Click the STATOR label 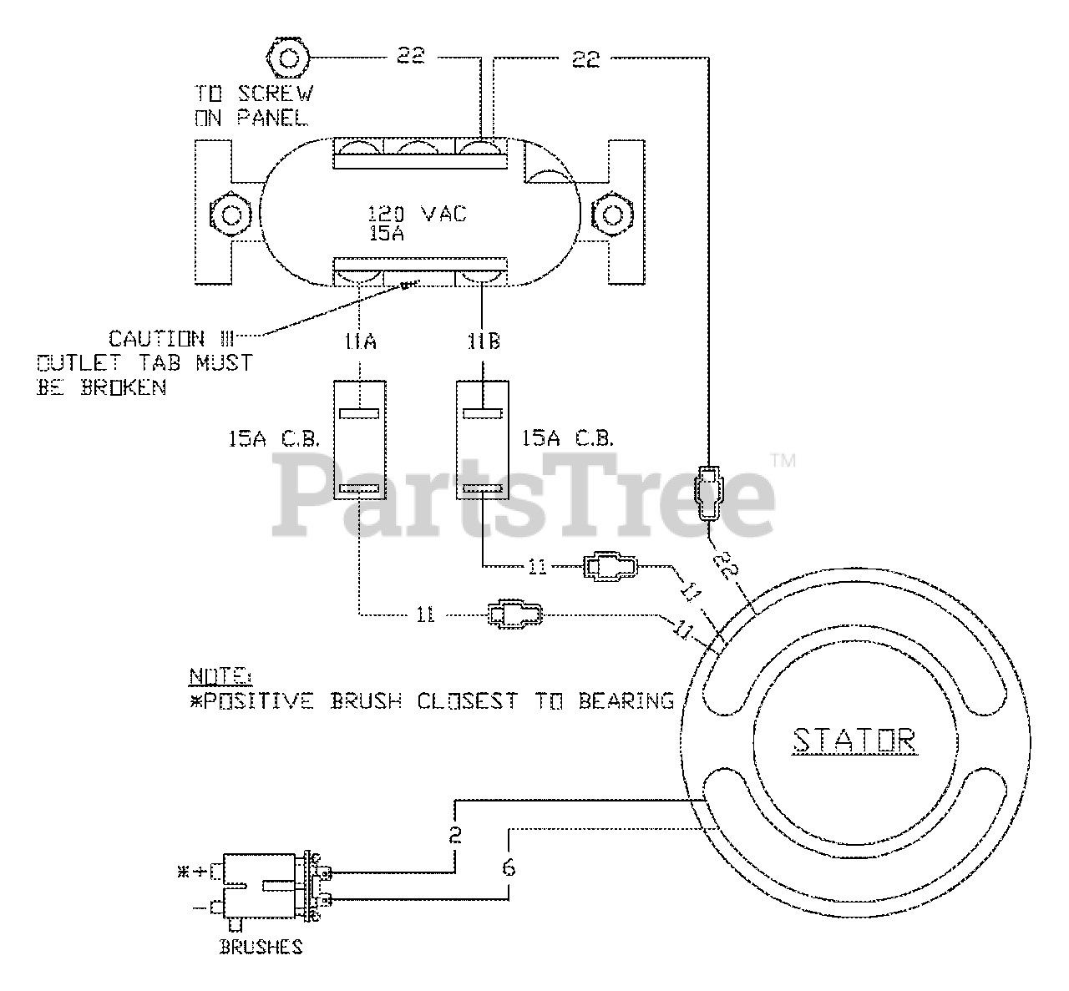(853, 740)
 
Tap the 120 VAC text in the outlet (418, 214)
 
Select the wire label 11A (360, 341)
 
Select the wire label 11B (482, 341)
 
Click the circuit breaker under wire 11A (360, 440)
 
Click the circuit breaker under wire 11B (483, 440)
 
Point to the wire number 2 (455, 835)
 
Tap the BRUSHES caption (261, 947)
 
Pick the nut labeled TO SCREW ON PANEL (288, 58)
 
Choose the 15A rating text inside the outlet (387, 235)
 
